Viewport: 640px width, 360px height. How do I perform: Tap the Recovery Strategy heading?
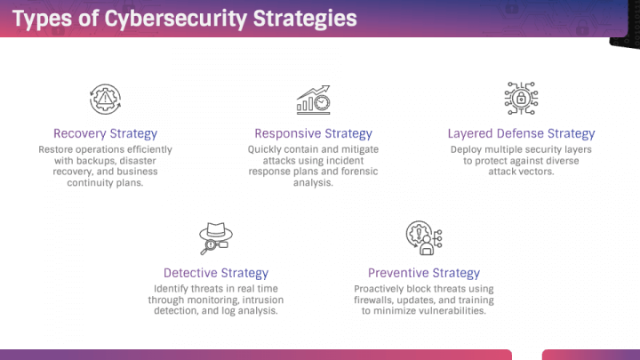(105, 133)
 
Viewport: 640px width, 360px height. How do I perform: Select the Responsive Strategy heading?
(313, 133)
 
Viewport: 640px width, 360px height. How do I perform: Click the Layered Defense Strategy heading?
(521, 133)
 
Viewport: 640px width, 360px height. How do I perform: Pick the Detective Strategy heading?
(216, 273)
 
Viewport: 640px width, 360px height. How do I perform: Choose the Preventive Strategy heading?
(424, 273)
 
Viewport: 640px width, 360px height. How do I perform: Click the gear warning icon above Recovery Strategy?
(105, 100)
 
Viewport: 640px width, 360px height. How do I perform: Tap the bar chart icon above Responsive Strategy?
(314, 100)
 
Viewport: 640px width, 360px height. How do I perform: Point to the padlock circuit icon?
(521, 99)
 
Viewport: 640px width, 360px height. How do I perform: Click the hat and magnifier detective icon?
(216, 238)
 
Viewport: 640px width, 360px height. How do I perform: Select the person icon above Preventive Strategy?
(424, 238)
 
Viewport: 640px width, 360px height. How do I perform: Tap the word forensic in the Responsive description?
(360, 172)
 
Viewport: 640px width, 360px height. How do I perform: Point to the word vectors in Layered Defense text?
(537, 172)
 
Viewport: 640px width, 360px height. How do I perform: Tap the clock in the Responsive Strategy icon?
(322, 103)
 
